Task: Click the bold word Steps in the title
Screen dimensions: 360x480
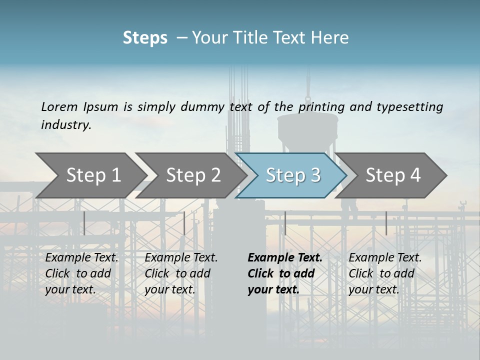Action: click(x=145, y=38)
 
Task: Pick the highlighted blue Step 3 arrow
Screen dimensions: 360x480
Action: click(x=293, y=175)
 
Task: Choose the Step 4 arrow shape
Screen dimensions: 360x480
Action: click(x=393, y=175)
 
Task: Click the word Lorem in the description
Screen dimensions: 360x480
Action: click(x=59, y=106)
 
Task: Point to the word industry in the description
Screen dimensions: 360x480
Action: click(x=66, y=125)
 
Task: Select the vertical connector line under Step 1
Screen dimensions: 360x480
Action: click(x=84, y=223)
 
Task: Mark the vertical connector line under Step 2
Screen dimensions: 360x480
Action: click(x=184, y=223)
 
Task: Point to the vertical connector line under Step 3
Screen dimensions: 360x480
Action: click(x=285, y=223)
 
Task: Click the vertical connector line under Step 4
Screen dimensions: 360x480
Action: click(x=386, y=223)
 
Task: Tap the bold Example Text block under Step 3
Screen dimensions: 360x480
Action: click(x=284, y=273)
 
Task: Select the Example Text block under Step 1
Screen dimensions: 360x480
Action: click(x=82, y=273)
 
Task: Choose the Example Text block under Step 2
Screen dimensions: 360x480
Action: click(x=181, y=273)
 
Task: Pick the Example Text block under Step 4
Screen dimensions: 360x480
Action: click(x=385, y=273)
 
